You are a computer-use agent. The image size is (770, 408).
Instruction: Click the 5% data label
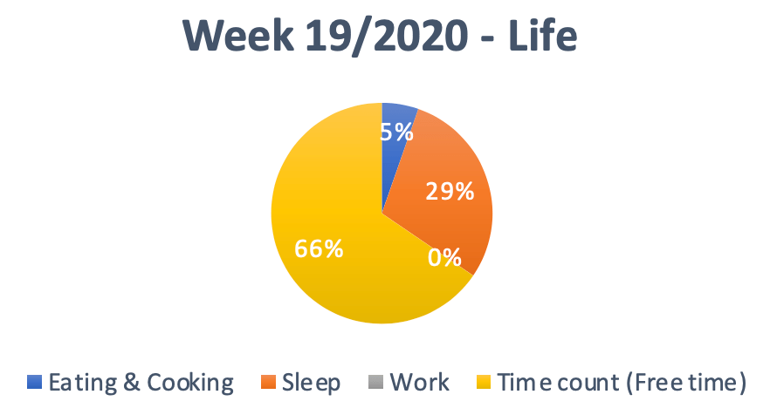click(x=396, y=132)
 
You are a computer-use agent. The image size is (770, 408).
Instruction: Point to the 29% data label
click(x=450, y=191)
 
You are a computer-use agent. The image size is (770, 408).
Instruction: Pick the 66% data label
click(x=319, y=248)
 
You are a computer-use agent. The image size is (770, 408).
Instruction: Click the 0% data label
click(x=444, y=257)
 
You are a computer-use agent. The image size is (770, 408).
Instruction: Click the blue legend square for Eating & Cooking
click(x=34, y=382)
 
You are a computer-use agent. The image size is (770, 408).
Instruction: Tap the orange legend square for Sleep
click(x=268, y=382)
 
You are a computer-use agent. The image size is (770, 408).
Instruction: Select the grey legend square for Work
click(x=375, y=382)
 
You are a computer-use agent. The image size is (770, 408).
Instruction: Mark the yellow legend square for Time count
click(x=484, y=382)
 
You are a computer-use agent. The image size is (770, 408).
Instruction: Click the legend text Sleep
click(x=311, y=383)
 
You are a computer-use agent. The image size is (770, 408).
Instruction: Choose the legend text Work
click(x=419, y=382)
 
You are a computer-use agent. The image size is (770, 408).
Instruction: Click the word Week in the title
click(x=238, y=36)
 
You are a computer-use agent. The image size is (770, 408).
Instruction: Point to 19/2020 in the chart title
click(x=387, y=37)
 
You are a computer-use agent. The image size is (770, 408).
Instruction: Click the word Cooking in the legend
click(x=190, y=383)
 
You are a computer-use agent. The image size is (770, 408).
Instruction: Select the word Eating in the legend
click(x=82, y=383)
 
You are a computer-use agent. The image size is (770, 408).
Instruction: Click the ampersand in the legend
click(x=132, y=382)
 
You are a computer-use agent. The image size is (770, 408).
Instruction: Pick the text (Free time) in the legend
click(x=686, y=383)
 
